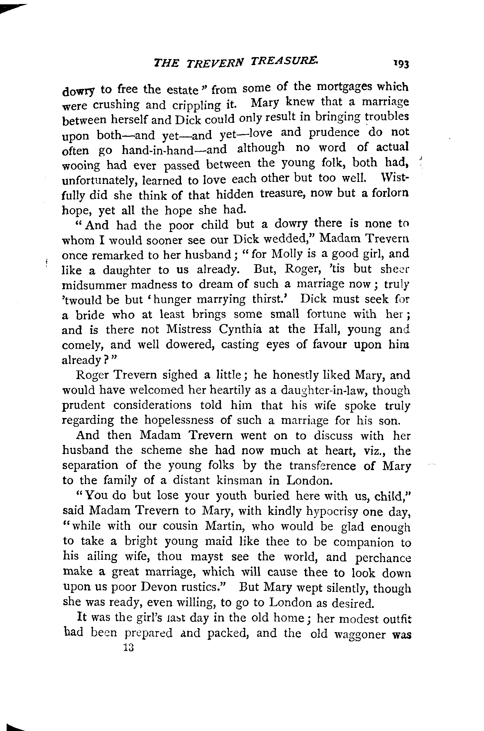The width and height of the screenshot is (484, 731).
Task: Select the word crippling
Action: coord(195,105)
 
